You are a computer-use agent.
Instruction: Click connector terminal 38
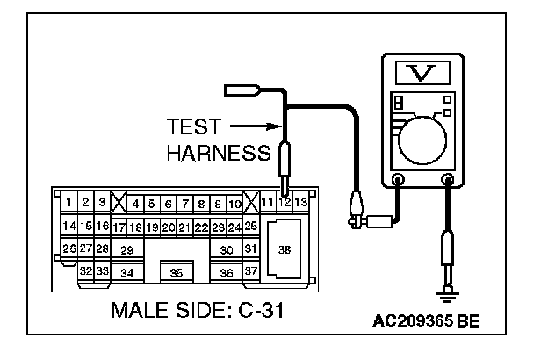click(284, 249)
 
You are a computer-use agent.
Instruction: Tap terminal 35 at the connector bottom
click(177, 272)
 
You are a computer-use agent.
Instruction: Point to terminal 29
click(127, 250)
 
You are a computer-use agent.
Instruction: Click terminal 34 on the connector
click(127, 273)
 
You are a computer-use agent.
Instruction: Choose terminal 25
click(250, 227)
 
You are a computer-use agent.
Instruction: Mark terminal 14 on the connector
click(68, 227)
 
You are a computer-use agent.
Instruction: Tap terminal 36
click(227, 273)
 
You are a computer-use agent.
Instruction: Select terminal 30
click(227, 250)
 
